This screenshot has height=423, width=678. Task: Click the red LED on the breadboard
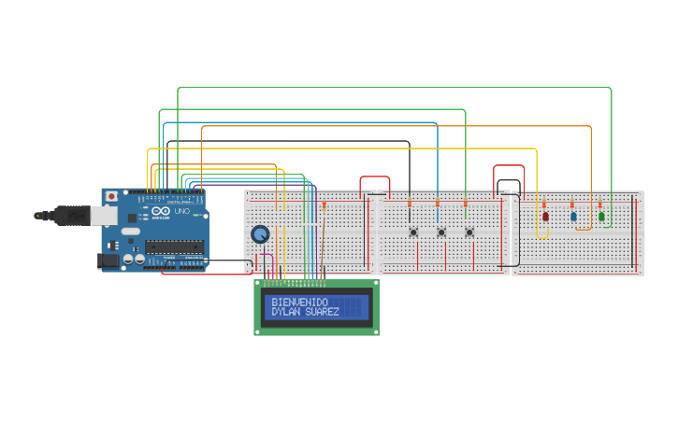pyautogui.click(x=545, y=216)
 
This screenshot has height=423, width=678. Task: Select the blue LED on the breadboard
pyautogui.click(x=573, y=216)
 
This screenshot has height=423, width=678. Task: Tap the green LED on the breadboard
pyautogui.click(x=601, y=216)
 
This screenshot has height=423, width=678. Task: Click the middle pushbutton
pyautogui.click(x=441, y=233)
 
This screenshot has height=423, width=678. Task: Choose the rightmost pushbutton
pyautogui.click(x=469, y=233)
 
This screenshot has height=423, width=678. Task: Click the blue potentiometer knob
pyautogui.click(x=260, y=234)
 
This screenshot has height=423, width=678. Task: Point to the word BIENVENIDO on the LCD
pyautogui.click(x=299, y=303)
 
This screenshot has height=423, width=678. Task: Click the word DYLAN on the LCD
pyautogui.click(x=286, y=312)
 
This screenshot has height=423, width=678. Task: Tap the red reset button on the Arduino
pyautogui.click(x=111, y=197)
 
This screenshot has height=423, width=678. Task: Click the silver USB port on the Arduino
pyautogui.click(x=104, y=217)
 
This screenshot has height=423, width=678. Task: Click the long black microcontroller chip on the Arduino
pyautogui.click(x=174, y=247)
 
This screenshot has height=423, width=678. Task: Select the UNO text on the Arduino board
pyautogui.click(x=182, y=212)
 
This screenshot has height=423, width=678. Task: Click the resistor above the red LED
pyautogui.click(x=544, y=203)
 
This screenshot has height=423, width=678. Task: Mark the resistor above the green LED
pyautogui.click(x=600, y=203)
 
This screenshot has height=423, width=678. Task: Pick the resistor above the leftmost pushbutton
pyautogui.click(x=409, y=203)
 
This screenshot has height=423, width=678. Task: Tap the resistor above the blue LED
pyautogui.click(x=572, y=203)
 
